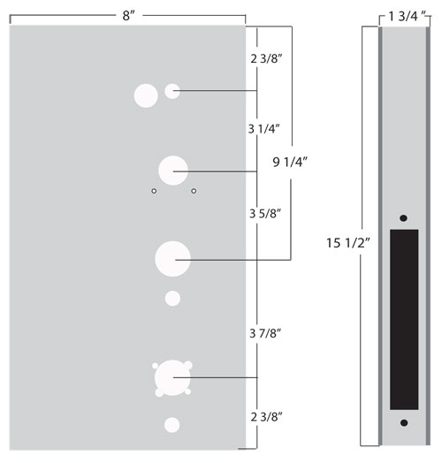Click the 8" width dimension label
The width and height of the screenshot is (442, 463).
click(x=128, y=16)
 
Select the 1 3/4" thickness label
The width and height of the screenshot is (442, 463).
click(x=408, y=17)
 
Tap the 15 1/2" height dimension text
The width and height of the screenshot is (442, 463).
click(x=348, y=243)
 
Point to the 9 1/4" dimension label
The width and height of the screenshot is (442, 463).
click(x=290, y=162)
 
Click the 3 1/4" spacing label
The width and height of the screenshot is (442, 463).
click(x=263, y=129)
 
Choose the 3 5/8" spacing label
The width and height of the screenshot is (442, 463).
click(x=265, y=214)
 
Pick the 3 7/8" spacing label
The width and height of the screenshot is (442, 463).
click(x=265, y=333)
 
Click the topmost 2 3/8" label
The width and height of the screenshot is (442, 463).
click(x=266, y=59)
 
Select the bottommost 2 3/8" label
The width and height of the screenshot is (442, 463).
click(x=266, y=417)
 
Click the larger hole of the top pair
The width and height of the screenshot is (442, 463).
click(x=146, y=95)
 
